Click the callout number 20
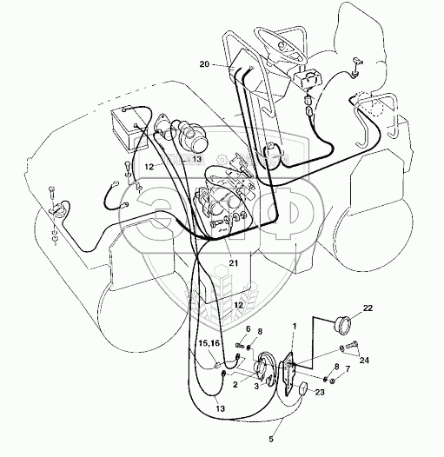point(204,63)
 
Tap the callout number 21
point(233,263)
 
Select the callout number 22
point(368,308)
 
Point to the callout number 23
point(320,392)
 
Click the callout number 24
point(364,361)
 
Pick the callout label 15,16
point(209,343)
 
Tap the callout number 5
point(271,431)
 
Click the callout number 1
point(295,326)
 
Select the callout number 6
point(249,329)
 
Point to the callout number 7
point(348,369)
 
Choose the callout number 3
point(256,386)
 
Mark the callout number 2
point(235,384)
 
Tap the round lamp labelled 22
point(342,322)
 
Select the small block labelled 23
point(302,388)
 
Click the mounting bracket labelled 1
point(289,374)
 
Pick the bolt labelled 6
point(239,346)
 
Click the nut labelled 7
point(333,381)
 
